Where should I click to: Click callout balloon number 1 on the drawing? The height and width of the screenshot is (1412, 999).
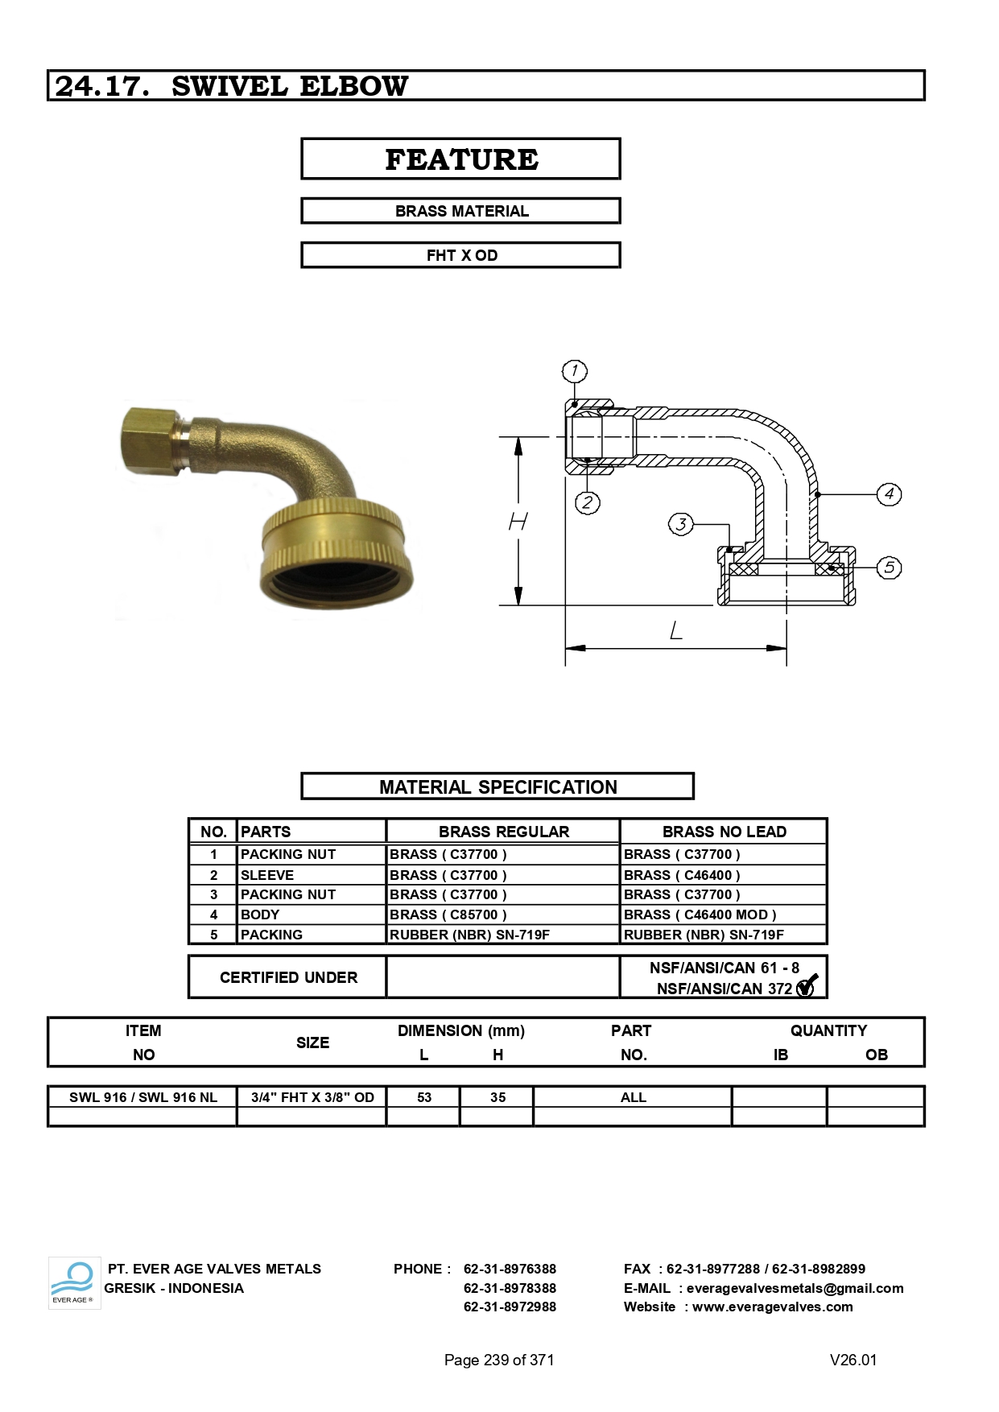pos(574,371)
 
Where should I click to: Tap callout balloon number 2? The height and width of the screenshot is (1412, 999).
pos(588,503)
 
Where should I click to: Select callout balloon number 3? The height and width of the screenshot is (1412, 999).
pos(681,525)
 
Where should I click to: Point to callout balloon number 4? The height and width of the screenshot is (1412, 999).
pos(889,494)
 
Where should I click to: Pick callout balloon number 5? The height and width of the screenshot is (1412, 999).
pos(889,568)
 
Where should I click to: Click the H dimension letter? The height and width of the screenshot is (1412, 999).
pos(518,522)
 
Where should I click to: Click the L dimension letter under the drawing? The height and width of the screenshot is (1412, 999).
pos(676,630)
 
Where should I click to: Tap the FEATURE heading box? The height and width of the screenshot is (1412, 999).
pos(460,159)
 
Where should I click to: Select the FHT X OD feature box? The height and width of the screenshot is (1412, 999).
pos(460,255)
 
